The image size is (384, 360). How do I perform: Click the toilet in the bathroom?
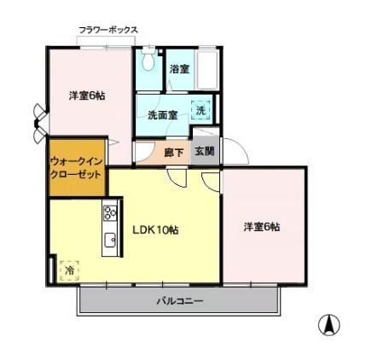(148, 60)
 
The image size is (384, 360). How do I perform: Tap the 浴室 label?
(179, 69)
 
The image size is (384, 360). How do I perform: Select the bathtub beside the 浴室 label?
(207, 70)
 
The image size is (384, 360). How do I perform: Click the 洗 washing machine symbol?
(201, 110)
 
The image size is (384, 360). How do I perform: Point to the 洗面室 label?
(162, 115)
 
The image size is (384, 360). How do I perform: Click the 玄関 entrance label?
(204, 151)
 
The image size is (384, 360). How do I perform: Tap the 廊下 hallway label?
(174, 153)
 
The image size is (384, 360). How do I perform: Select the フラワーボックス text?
(108, 30)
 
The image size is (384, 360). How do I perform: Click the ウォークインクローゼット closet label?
(76, 168)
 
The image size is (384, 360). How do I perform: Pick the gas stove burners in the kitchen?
(110, 212)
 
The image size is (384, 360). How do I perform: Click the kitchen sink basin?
(110, 241)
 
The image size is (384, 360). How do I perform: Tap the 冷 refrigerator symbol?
(69, 270)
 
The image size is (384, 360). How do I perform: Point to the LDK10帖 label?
(155, 229)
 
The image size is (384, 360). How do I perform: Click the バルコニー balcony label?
(180, 301)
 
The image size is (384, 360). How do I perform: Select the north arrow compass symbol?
(329, 325)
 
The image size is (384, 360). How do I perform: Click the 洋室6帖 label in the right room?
(262, 227)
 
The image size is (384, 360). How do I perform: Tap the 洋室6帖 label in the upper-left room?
(87, 96)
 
